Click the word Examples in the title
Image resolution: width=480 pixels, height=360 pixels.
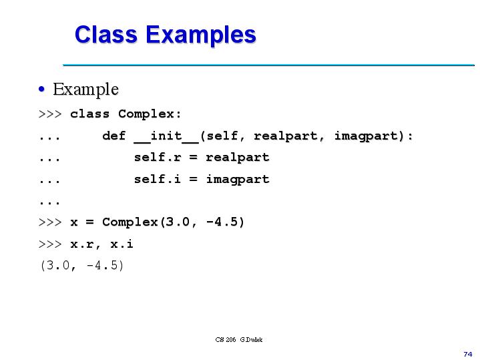[x=200, y=35]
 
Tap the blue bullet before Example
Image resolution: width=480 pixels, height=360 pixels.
[x=42, y=89]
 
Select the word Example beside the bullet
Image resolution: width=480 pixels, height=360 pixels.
[x=85, y=89]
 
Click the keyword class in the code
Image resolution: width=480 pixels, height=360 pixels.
[x=89, y=114]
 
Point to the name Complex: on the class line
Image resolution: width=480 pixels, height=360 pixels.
[x=150, y=114]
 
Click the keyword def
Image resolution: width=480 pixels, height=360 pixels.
[x=113, y=136]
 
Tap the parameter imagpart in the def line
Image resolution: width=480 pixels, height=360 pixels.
[x=373, y=136]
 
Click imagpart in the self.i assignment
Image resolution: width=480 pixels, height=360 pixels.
[x=237, y=179]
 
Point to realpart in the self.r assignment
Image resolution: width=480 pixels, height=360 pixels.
[x=237, y=158]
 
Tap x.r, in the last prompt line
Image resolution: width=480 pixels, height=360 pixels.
[x=85, y=244]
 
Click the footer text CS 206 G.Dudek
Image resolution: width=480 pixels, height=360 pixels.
[x=239, y=339]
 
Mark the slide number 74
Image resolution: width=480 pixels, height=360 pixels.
[x=467, y=353]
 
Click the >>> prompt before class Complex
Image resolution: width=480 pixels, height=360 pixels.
[x=50, y=114]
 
